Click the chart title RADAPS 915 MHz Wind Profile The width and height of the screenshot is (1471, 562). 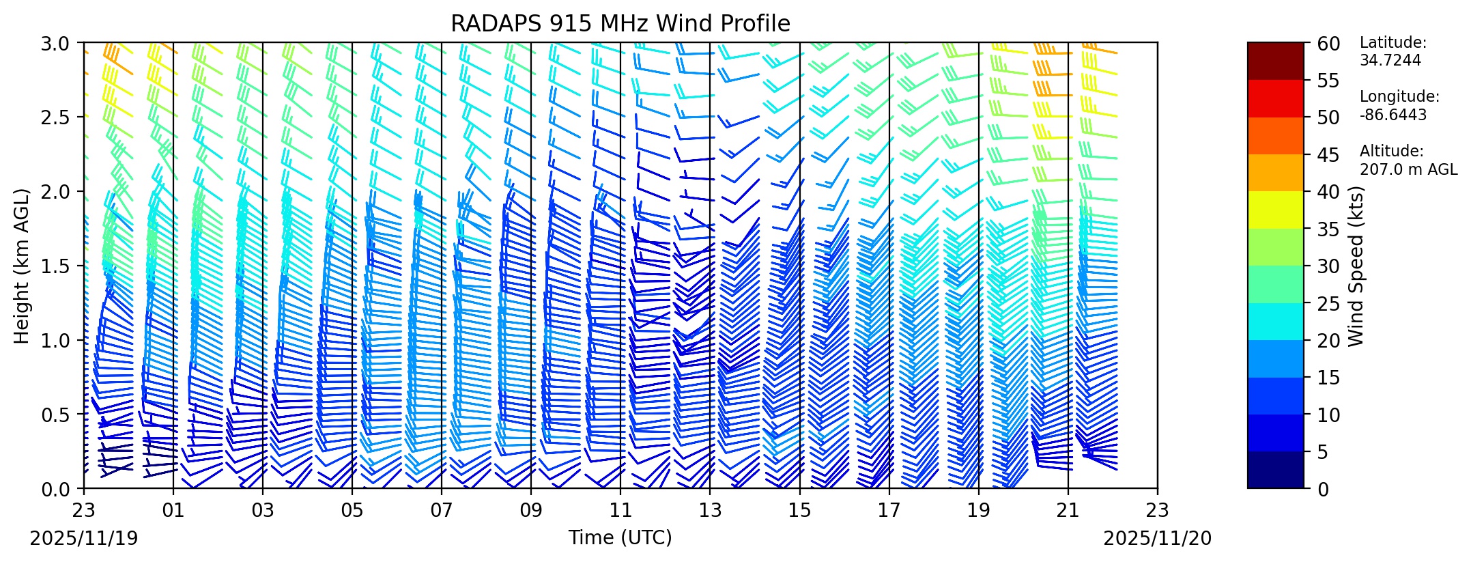pos(620,24)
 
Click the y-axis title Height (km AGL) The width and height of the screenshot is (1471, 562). pos(22,266)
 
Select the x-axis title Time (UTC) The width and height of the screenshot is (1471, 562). pos(620,538)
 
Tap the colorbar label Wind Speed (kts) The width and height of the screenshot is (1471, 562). pos(1356,266)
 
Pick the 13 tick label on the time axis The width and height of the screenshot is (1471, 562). pos(710,511)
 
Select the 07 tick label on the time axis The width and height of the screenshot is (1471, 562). pos(442,511)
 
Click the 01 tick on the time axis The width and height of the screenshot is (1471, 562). pos(173,511)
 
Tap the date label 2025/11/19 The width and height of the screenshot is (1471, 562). pos(84,539)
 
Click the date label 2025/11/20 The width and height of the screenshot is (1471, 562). pos(1158,539)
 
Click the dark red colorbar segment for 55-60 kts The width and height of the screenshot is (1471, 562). pos(1275,61)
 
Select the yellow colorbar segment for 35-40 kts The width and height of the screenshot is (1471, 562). pos(1275,210)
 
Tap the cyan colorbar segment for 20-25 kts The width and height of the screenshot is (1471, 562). pos(1275,321)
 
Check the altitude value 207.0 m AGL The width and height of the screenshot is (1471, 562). pos(1408,169)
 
